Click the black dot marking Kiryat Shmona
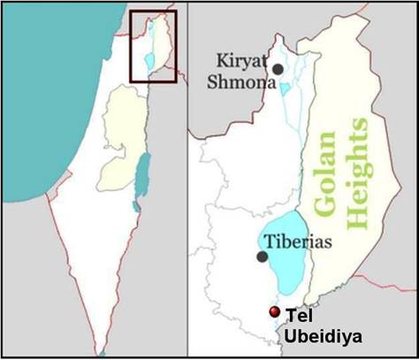pyautogui.click(x=278, y=68)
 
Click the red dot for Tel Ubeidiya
pyautogui.click(x=275, y=312)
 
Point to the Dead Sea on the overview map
pyautogui.click(x=134, y=205)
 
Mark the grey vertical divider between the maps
pyautogui.click(x=186, y=177)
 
